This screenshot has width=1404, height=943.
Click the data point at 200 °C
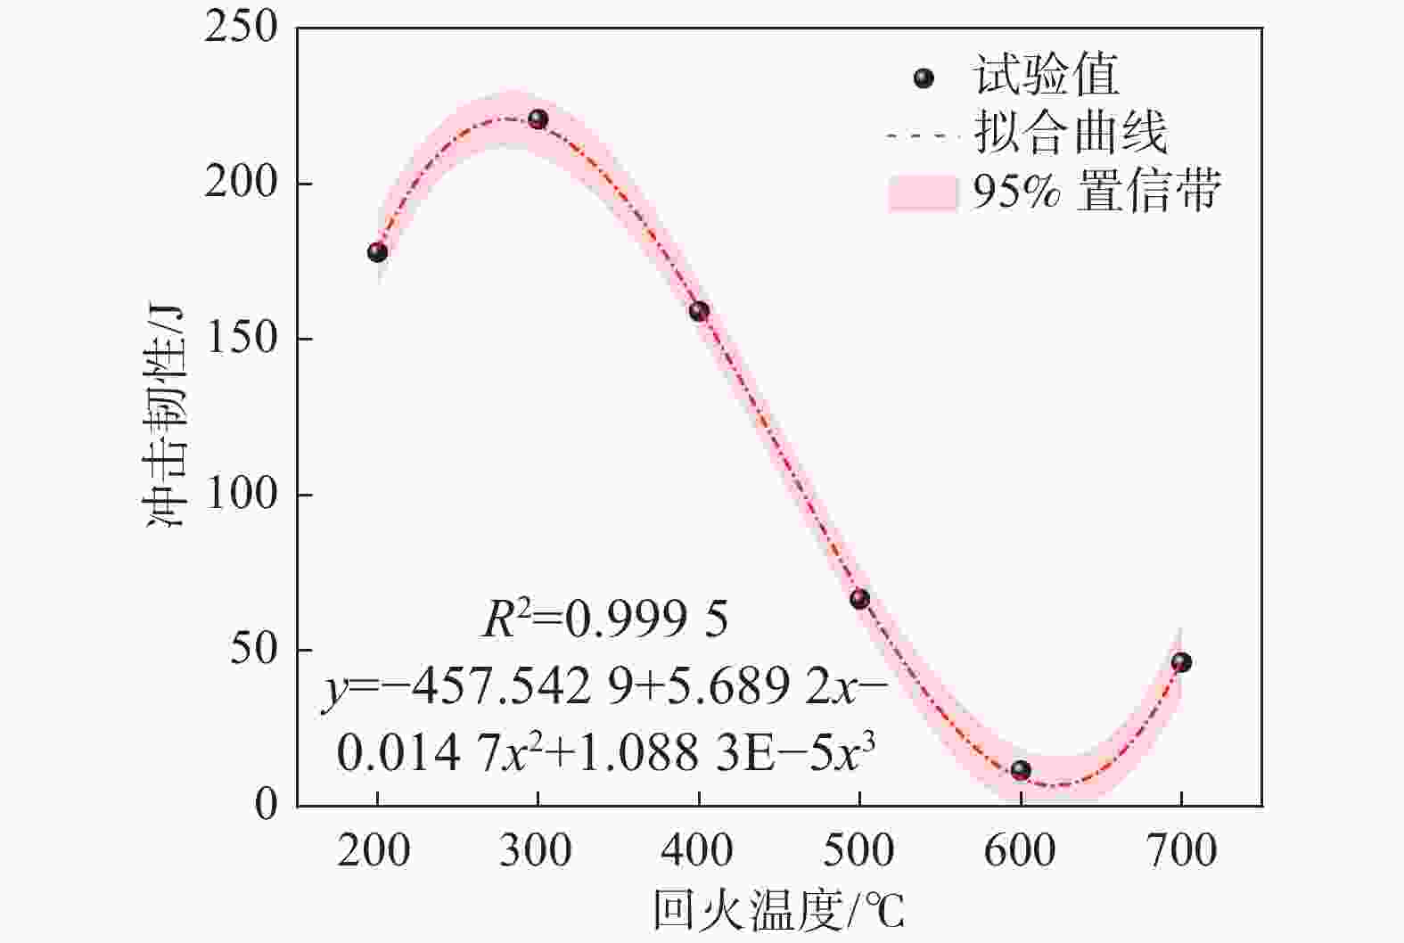377,252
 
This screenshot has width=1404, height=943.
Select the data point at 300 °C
538,119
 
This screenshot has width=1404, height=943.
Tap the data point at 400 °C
699,311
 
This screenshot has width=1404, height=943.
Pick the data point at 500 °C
859,599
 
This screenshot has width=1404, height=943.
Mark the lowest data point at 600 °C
1021,770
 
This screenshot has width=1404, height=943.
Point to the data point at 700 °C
1181,662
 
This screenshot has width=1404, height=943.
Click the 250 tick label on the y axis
241,28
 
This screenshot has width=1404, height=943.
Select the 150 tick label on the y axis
241,339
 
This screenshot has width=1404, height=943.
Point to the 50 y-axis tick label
253,650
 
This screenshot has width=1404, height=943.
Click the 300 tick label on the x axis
536,852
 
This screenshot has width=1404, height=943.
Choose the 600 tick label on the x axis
1020,852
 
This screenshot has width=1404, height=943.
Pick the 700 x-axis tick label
1181,852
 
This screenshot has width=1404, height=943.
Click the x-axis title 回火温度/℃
778,912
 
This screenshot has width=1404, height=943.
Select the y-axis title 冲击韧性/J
166,415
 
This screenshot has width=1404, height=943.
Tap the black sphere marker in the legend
924,78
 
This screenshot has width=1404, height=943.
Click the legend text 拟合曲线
1070,134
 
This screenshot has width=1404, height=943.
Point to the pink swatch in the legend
923,193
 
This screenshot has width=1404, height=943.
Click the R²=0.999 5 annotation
605,619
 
